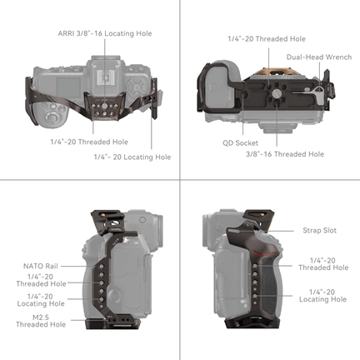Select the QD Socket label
point(240,142)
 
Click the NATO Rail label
point(40,266)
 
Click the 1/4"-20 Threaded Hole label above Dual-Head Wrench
point(266,38)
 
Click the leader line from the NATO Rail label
point(71,266)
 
